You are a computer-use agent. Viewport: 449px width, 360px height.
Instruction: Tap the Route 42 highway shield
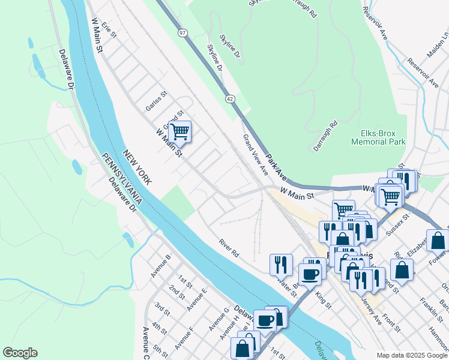[231, 100]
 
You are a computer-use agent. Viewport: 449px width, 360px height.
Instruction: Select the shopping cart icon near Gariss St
[179, 131]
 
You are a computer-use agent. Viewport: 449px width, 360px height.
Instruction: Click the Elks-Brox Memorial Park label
[379, 137]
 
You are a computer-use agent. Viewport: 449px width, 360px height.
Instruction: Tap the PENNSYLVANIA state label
[121, 178]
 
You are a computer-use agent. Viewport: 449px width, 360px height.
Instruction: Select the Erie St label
[108, 28]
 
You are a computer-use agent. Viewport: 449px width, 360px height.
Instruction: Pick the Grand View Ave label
[255, 155]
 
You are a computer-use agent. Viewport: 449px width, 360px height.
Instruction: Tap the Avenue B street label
[161, 266]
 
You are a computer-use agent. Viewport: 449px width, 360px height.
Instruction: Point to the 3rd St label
[161, 310]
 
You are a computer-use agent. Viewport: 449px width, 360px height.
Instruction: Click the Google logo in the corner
[20, 353]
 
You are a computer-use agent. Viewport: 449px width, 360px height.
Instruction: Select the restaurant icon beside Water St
[280, 264]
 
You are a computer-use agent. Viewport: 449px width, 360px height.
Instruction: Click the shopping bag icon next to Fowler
[438, 240]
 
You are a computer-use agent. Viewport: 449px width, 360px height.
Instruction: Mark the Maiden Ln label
[437, 45]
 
